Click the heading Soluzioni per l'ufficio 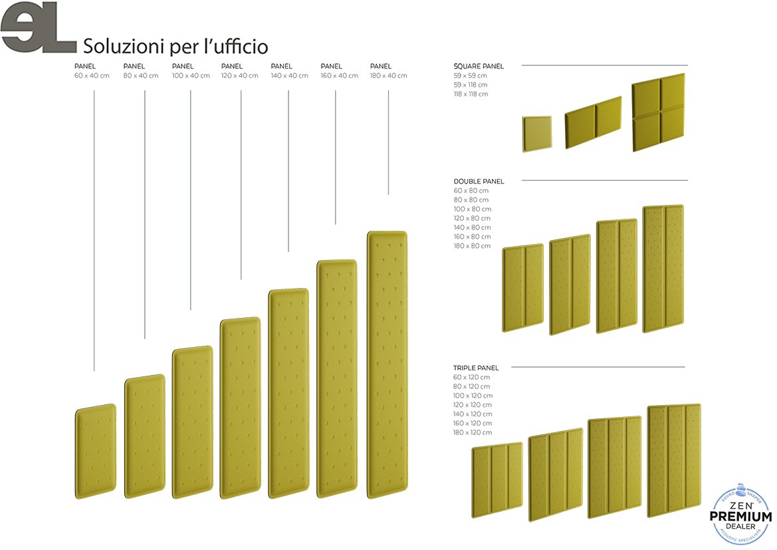click(175, 47)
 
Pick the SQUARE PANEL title click(479, 67)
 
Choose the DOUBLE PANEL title click(479, 181)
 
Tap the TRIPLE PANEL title click(476, 368)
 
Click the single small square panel click(536, 134)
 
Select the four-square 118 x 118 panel click(658, 112)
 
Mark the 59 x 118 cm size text click(471, 85)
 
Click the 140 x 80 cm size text click(472, 227)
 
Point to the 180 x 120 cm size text click(473, 432)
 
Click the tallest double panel click(663, 269)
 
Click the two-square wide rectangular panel click(593, 122)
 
